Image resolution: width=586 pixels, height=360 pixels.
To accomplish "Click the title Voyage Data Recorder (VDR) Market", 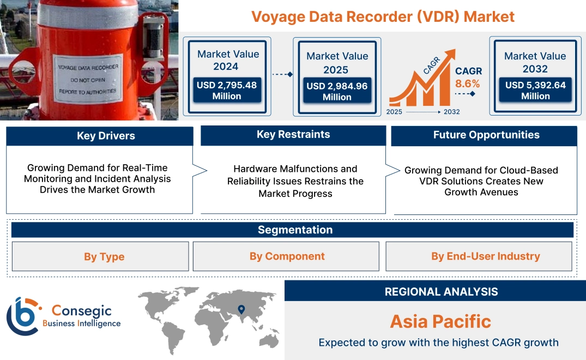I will pyautogui.click(x=383, y=16).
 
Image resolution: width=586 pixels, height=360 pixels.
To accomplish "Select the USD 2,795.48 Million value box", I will pyautogui.click(x=226, y=91).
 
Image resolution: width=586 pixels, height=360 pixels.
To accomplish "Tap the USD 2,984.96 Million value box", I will pyautogui.click(x=337, y=91).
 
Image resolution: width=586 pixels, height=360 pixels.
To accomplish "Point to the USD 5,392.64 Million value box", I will pyautogui.click(x=535, y=91).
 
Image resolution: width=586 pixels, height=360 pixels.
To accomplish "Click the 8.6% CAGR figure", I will pyautogui.click(x=467, y=83).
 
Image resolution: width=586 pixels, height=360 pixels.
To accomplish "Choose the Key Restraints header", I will pyautogui.click(x=293, y=135).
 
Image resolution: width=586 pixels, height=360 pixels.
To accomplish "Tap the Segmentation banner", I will pyautogui.click(x=295, y=230).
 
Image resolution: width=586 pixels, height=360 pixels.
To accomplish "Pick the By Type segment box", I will pyautogui.click(x=104, y=256).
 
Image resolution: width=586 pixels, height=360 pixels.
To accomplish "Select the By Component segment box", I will pyautogui.click(x=287, y=256).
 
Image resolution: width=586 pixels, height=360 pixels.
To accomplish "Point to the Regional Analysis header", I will pyautogui.click(x=441, y=292).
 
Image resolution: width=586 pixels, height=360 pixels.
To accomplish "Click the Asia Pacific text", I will pyautogui.click(x=440, y=321).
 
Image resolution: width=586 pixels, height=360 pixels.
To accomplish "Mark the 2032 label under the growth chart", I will pyautogui.click(x=451, y=112).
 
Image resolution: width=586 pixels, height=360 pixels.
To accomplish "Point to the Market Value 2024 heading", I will pyautogui.click(x=228, y=60).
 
